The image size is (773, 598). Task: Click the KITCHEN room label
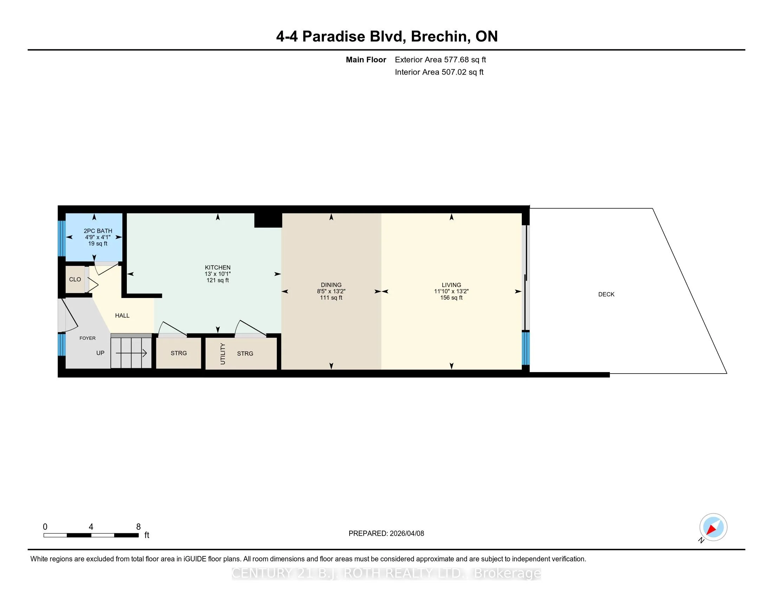(x=218, y=267)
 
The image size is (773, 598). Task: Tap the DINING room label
(x=331, y=285)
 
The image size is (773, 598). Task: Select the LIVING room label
(x=451, y=285)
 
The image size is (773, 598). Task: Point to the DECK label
(x=606, y=294)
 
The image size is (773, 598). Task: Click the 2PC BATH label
(x=98, y=231)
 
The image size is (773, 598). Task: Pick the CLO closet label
(x=75, y=280)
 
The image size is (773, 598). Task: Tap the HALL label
(x=122, y=316)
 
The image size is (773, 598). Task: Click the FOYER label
(x=87, y=338)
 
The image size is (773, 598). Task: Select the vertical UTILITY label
(x=223, y=354)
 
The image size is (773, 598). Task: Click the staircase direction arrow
(x=131, y=353)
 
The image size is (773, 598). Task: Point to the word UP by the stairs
(x=100, y=353)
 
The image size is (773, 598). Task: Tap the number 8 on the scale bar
(x=138, y=527)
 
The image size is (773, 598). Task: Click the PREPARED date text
(x=386, y=534)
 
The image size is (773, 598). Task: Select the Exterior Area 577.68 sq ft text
(x=440, y=60)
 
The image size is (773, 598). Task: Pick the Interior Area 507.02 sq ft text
(x=439, y=72)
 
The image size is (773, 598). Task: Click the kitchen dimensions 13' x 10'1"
(x=218, y=274)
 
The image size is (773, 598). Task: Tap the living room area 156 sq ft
(x=451, y=298)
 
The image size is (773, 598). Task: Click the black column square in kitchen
(x=268, y=220)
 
